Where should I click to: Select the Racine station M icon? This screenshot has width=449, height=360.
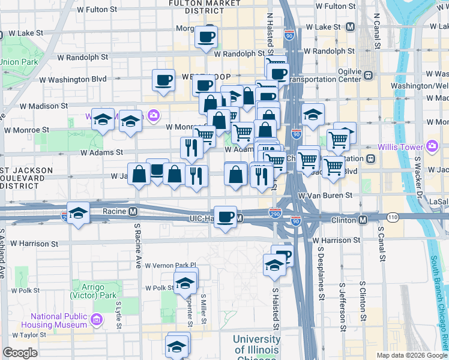(133, 211)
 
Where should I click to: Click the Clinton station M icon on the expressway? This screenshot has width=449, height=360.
(363, 220)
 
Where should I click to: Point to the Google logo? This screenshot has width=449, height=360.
(20, 353)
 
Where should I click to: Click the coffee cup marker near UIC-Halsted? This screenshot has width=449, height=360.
(226, 216)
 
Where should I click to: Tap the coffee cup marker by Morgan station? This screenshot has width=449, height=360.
(206, 37)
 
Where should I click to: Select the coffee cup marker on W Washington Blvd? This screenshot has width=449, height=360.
(163, 80)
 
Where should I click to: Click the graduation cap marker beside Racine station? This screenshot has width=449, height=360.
(78, 214)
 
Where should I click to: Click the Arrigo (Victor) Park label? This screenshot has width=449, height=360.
(92, 291)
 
